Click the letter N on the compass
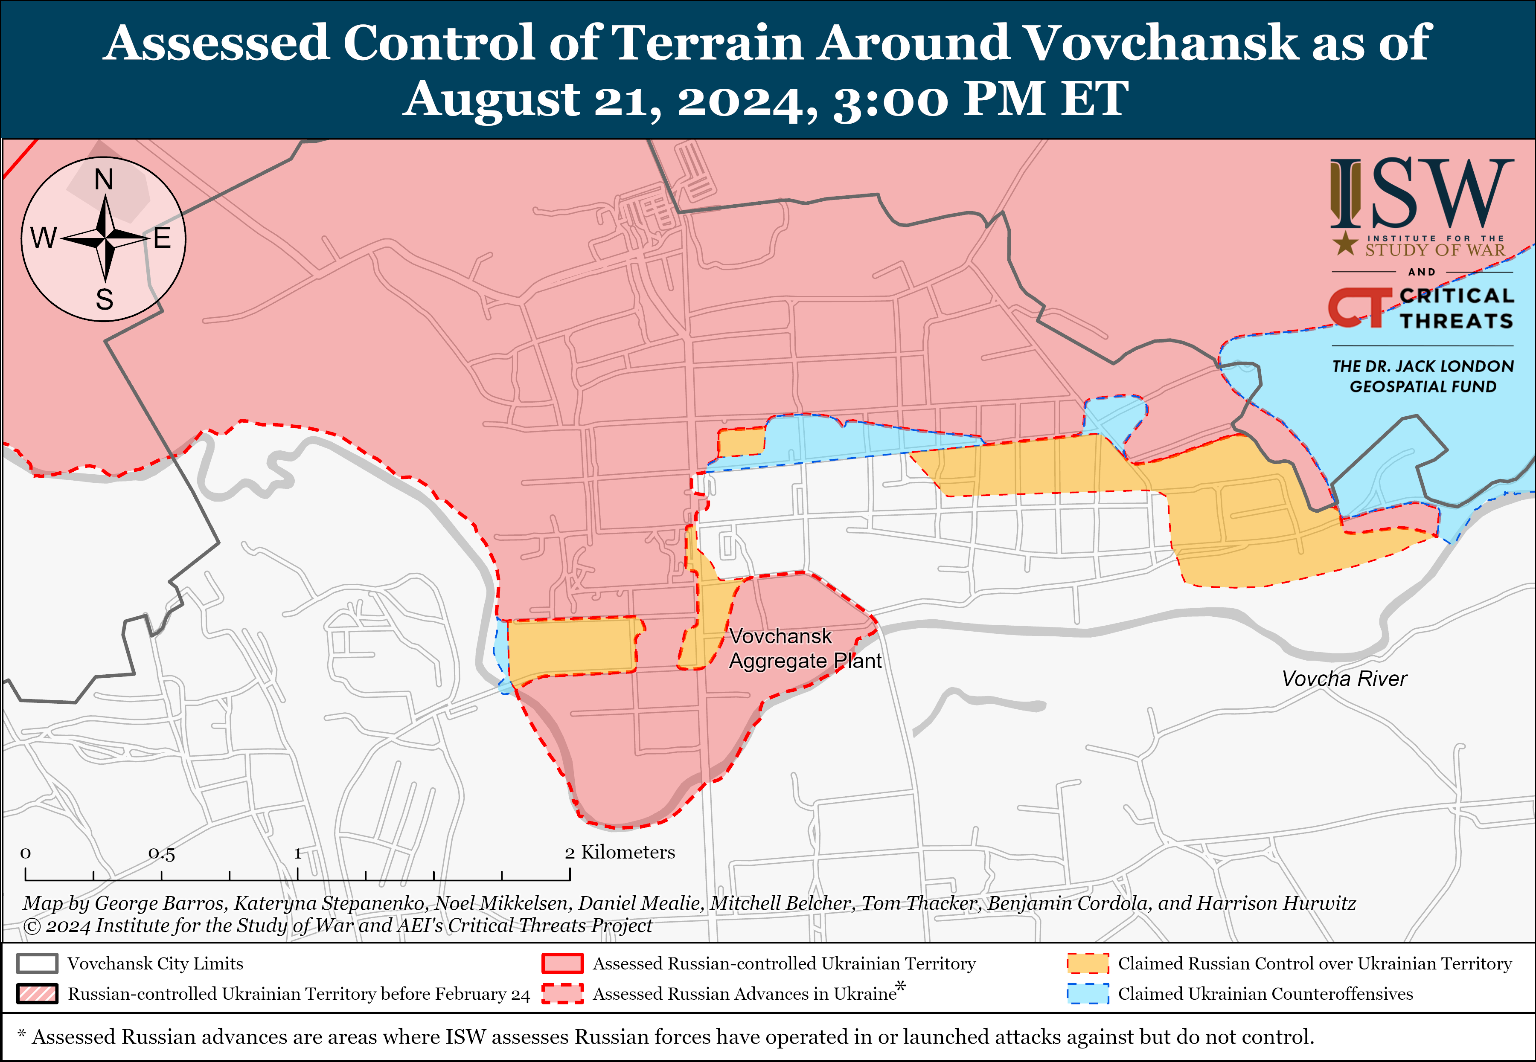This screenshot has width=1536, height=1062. pyautogui.click(x=104, y=180)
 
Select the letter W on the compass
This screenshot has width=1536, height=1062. pyautogui.click(x=44, y=238)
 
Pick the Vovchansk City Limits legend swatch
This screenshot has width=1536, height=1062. pyautogui.click(x=37, y=963)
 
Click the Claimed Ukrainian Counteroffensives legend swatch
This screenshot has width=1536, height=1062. pyautogui.click(x=1088, y=993)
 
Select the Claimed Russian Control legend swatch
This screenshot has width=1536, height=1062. pyautogui.click(x=1088, y=963)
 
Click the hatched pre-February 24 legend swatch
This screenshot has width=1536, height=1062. pyautogui.click(x=37, y=993)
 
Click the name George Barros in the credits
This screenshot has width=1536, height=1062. pyautogui.click(x=160, y=903)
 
